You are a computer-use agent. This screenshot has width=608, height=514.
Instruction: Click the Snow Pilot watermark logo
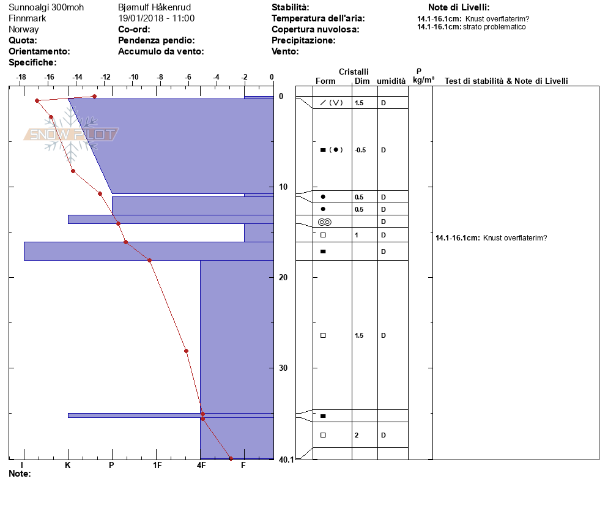point(71,134)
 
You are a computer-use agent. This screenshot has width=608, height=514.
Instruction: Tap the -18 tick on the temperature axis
point(21,77)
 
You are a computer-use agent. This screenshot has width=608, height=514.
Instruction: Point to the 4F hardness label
point(201,465)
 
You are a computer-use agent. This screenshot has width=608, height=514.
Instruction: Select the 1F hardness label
point(157,465)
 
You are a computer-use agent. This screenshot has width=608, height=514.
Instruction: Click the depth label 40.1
point(286,460)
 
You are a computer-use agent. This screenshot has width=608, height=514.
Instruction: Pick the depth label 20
point(283,277)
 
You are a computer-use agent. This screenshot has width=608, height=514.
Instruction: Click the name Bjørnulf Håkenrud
point(154,7)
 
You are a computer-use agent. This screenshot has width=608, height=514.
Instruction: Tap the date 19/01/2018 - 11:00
point(156,18)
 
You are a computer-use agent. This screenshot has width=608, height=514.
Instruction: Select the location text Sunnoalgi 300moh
point(46,7)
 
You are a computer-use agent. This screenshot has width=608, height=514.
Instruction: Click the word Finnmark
point(27,18)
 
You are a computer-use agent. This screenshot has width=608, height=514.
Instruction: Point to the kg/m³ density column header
point(423,80)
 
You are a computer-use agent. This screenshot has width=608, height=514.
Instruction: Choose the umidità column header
point(391,81)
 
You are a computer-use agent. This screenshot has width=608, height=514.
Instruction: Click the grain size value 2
point(357,435)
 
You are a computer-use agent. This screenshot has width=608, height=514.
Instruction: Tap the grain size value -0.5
point(360,150)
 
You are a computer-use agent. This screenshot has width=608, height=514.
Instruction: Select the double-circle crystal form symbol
point(325,222)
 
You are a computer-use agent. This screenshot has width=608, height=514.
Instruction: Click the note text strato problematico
point(494,27)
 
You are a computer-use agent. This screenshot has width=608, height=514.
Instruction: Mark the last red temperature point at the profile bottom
point(231,458)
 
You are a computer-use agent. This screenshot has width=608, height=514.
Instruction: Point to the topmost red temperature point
point(94,96)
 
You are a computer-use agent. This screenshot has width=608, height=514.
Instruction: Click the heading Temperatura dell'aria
point(318,18)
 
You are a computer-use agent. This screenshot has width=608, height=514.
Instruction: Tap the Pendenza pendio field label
point(156,40)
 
